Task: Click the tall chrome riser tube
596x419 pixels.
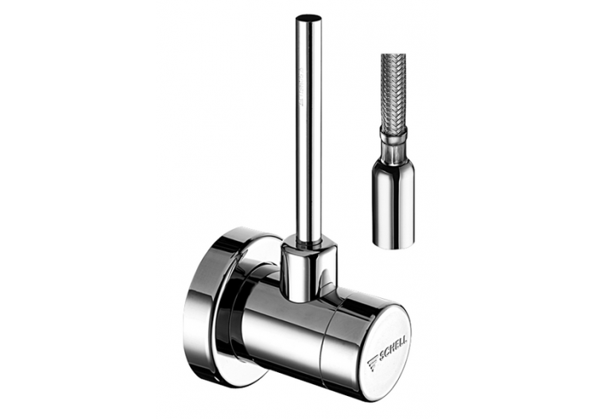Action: pyautogui.click(x=310, y=143)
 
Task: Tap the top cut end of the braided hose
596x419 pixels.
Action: pyautogui.click(x=395, y=58)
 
